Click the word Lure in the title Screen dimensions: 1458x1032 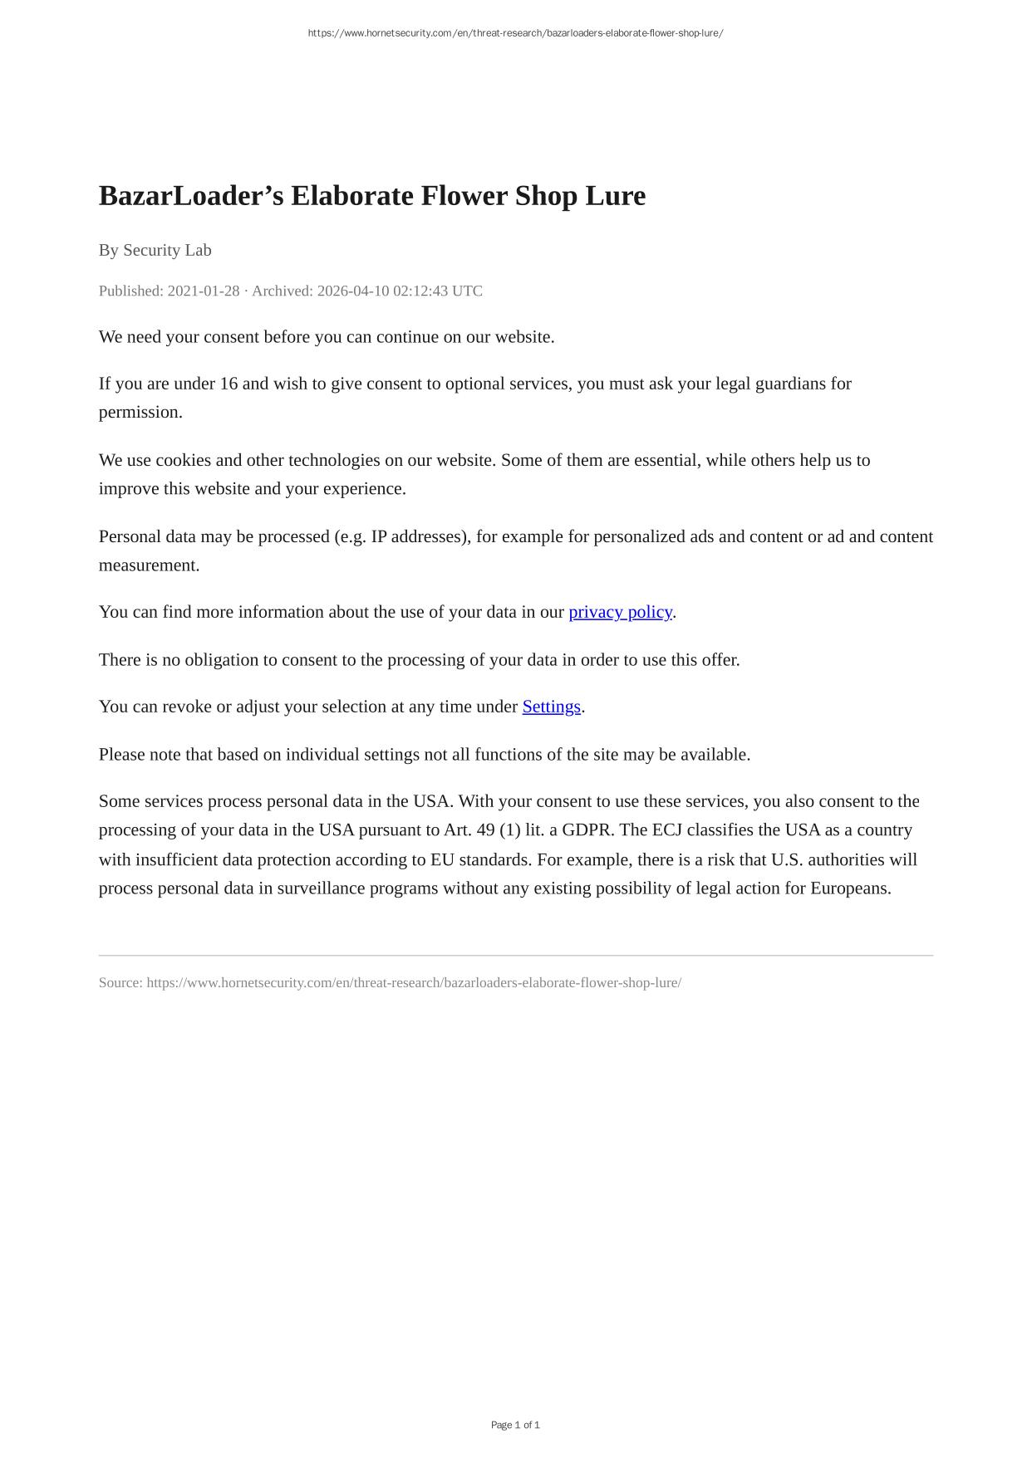pyautogui.click(x=615, y=196)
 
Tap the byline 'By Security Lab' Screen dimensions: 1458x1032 pyautogui.click(x=155, y=250)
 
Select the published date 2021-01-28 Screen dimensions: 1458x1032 pyautogui.click(x=203, y=291)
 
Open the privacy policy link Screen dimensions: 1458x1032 pyautogui.click(x=620, y=612)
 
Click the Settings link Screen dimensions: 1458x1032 pyautogui.click(x=551, y=707)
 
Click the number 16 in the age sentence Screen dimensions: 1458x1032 pyautogui.click(x=229, y=384)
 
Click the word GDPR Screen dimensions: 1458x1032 pyautogui.click(x=587, y=830)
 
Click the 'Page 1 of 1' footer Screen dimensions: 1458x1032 pyautogui.click(x=515, y=1425)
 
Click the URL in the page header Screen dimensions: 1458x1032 pyautogui.click(x=515, y=33)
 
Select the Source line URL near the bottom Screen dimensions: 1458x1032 pyautogui.click(x=414, y=983)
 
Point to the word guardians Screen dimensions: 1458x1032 pyautogui.click(x=790, y=384)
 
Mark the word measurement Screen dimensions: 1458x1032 pyautogui.click(x=148, y=565)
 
